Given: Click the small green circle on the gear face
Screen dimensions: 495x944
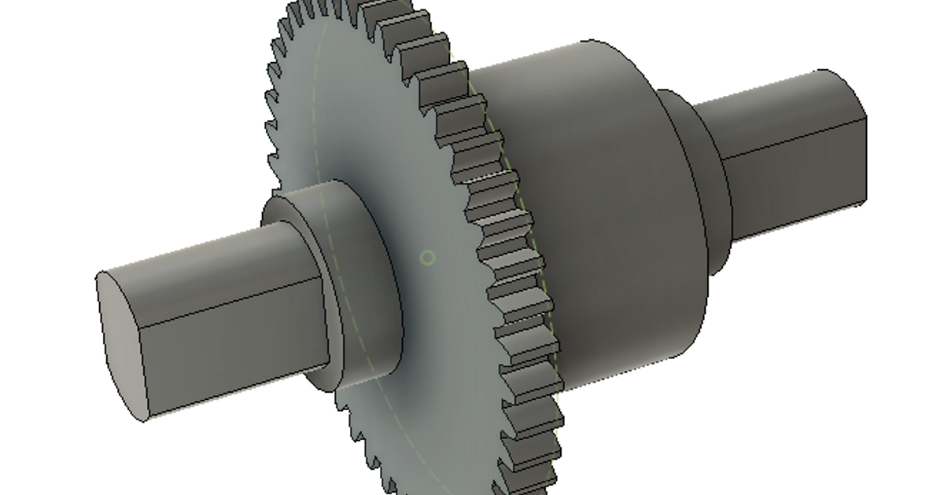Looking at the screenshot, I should (x=427, y=257).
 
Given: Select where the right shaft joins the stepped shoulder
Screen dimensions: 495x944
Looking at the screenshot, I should (x=728, y=196).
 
